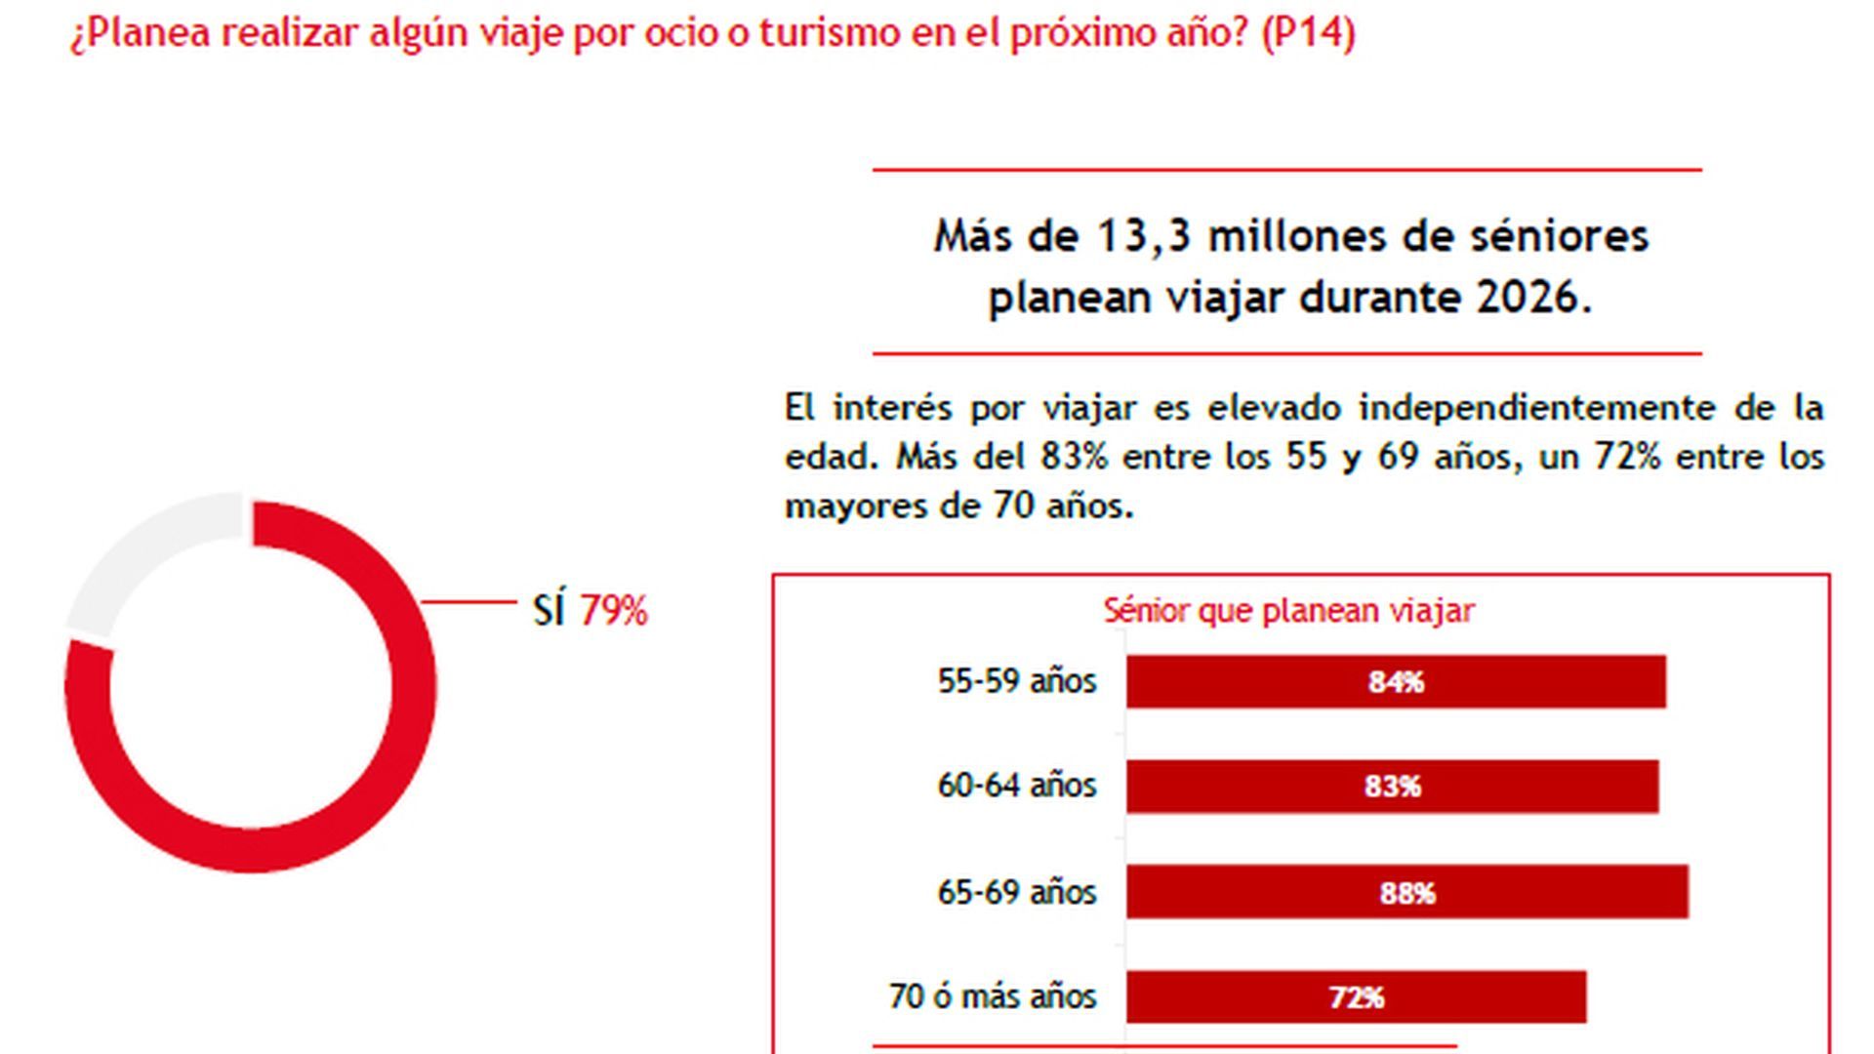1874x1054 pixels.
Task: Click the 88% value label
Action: (x=1407, y=893)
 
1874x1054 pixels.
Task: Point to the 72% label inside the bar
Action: (x=1356, y=997)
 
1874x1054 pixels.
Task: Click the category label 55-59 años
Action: (x=1016, y=681)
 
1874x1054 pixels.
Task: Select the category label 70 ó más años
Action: (x=992, y=996)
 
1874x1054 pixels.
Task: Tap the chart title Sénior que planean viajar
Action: (x=1288, y=611)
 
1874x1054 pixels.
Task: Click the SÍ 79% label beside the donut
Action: (x=590, y=611)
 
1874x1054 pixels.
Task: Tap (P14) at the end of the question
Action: (x=1307, y=32)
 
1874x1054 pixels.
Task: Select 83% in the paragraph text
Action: (x=1073, y=457)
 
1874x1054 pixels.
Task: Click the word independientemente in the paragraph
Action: (x=1535, y=408)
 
